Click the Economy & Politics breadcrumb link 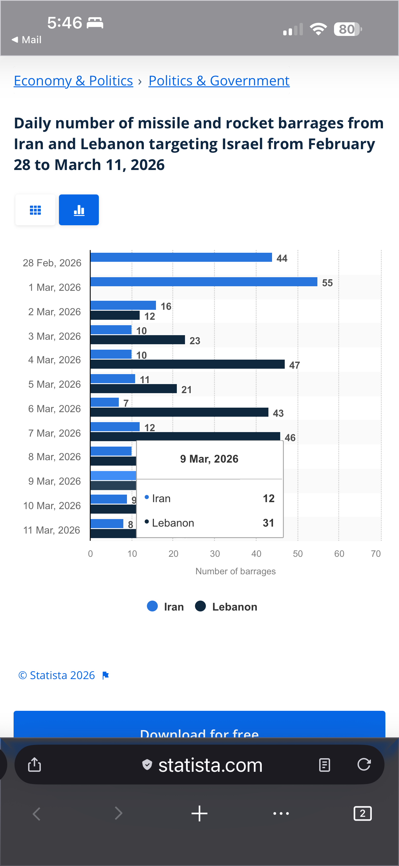point(73,81)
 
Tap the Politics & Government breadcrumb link point(219,81)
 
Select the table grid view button point(35,210)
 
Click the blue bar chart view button point(79,210)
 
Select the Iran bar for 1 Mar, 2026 point(203,282)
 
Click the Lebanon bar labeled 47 point(187,364)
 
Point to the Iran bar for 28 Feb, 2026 point(181,257)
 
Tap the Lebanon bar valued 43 point(179,412)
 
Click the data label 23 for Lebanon point(195,341)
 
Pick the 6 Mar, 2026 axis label point(54,409)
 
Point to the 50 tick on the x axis point(298,554)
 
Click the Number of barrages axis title point(235,571)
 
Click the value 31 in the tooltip point(268,523)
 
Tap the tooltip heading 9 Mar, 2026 point(209,459)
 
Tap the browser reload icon point(364,765)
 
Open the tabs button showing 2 point(362,813)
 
